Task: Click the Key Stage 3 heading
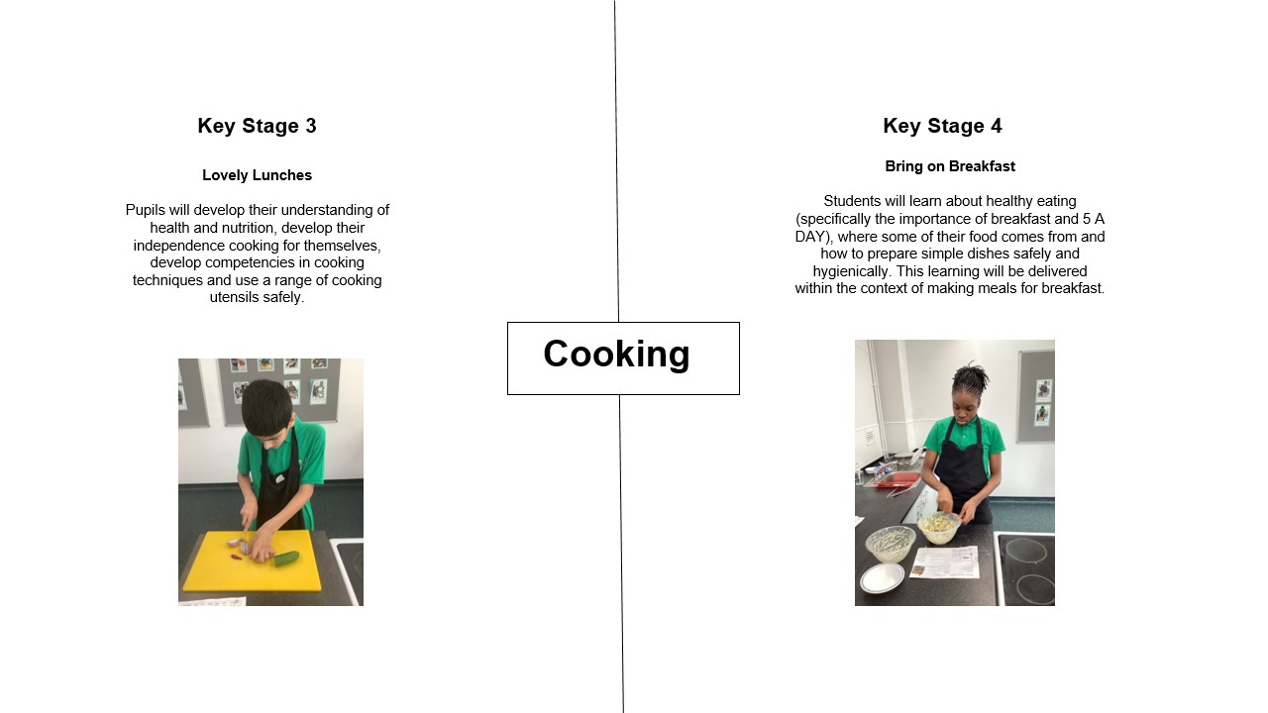tap(257, 126)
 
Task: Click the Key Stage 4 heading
tap(942, 126)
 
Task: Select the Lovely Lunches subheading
tap(257, 175)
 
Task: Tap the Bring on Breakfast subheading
tap(950, 166)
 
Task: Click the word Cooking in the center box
tap(616, 355)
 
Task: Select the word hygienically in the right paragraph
tap(853, 271)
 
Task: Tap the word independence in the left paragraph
tap(178, 246)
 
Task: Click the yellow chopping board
tap(252, 561)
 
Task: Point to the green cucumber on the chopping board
tap(286, 560)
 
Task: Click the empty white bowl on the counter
tap(882, 577)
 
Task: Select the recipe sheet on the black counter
tap(944, 562)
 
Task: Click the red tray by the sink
tap(898, 481)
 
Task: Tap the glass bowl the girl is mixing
tap(938, 528)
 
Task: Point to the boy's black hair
tap(266, 403)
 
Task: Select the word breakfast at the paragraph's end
tap(1072, 288)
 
